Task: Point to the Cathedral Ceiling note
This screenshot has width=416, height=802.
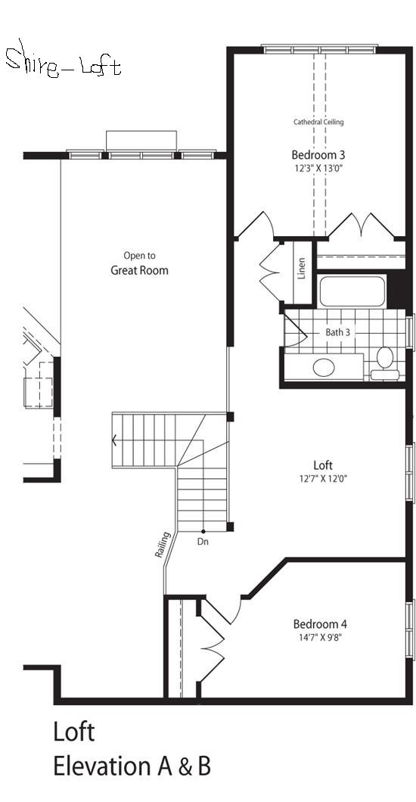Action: point(318,123)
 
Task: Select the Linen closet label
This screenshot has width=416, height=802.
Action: point(302,268)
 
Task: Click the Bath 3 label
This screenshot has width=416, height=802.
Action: point(338,332)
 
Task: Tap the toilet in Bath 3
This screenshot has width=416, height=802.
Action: point(385,362)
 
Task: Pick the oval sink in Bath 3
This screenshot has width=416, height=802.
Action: point(324,367)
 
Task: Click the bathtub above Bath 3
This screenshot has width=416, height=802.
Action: point(352,291)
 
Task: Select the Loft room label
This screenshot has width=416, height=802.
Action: point(323,465)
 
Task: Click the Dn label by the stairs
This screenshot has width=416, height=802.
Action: point(203,541)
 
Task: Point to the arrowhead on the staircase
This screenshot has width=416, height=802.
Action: point(114,440)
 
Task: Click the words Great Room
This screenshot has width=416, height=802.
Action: point(139,270)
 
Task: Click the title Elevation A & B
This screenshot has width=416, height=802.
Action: point(132,766)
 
